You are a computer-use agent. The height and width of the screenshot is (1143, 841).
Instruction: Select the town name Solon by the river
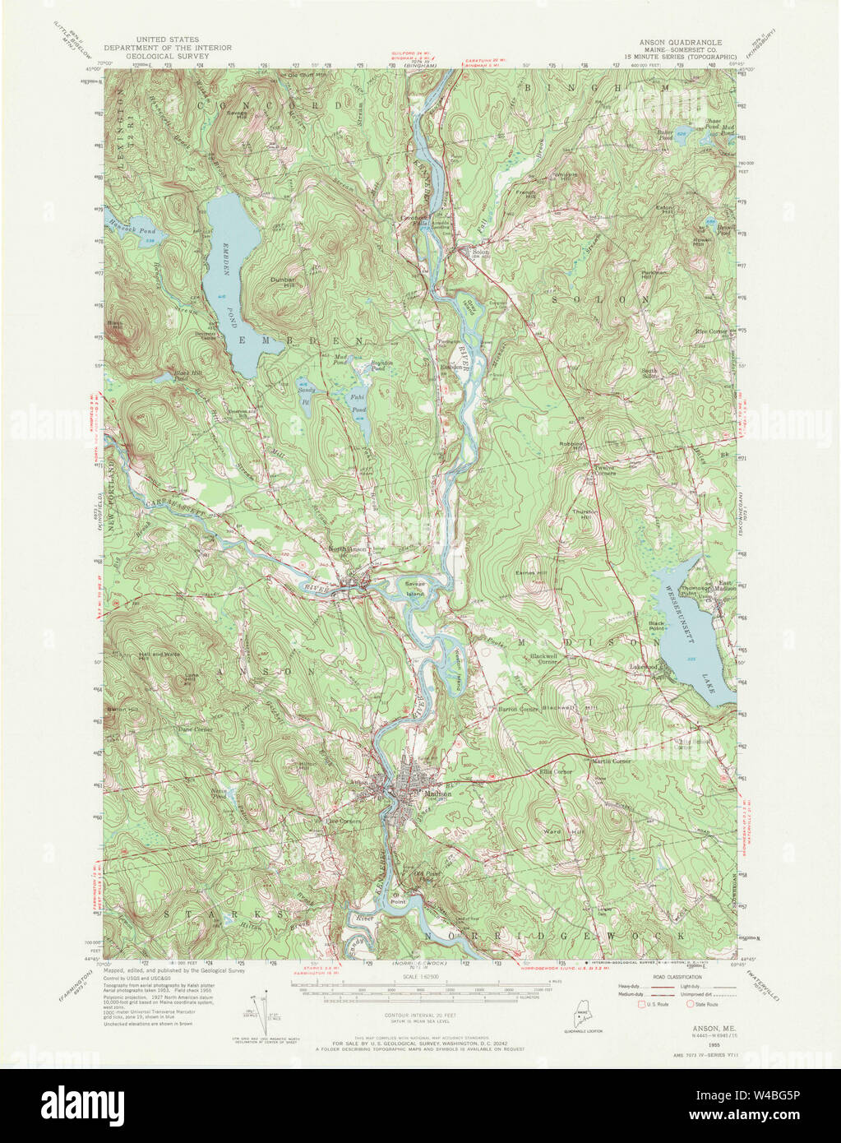point(480,252)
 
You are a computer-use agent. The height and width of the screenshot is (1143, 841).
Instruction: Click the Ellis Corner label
point(556,772)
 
